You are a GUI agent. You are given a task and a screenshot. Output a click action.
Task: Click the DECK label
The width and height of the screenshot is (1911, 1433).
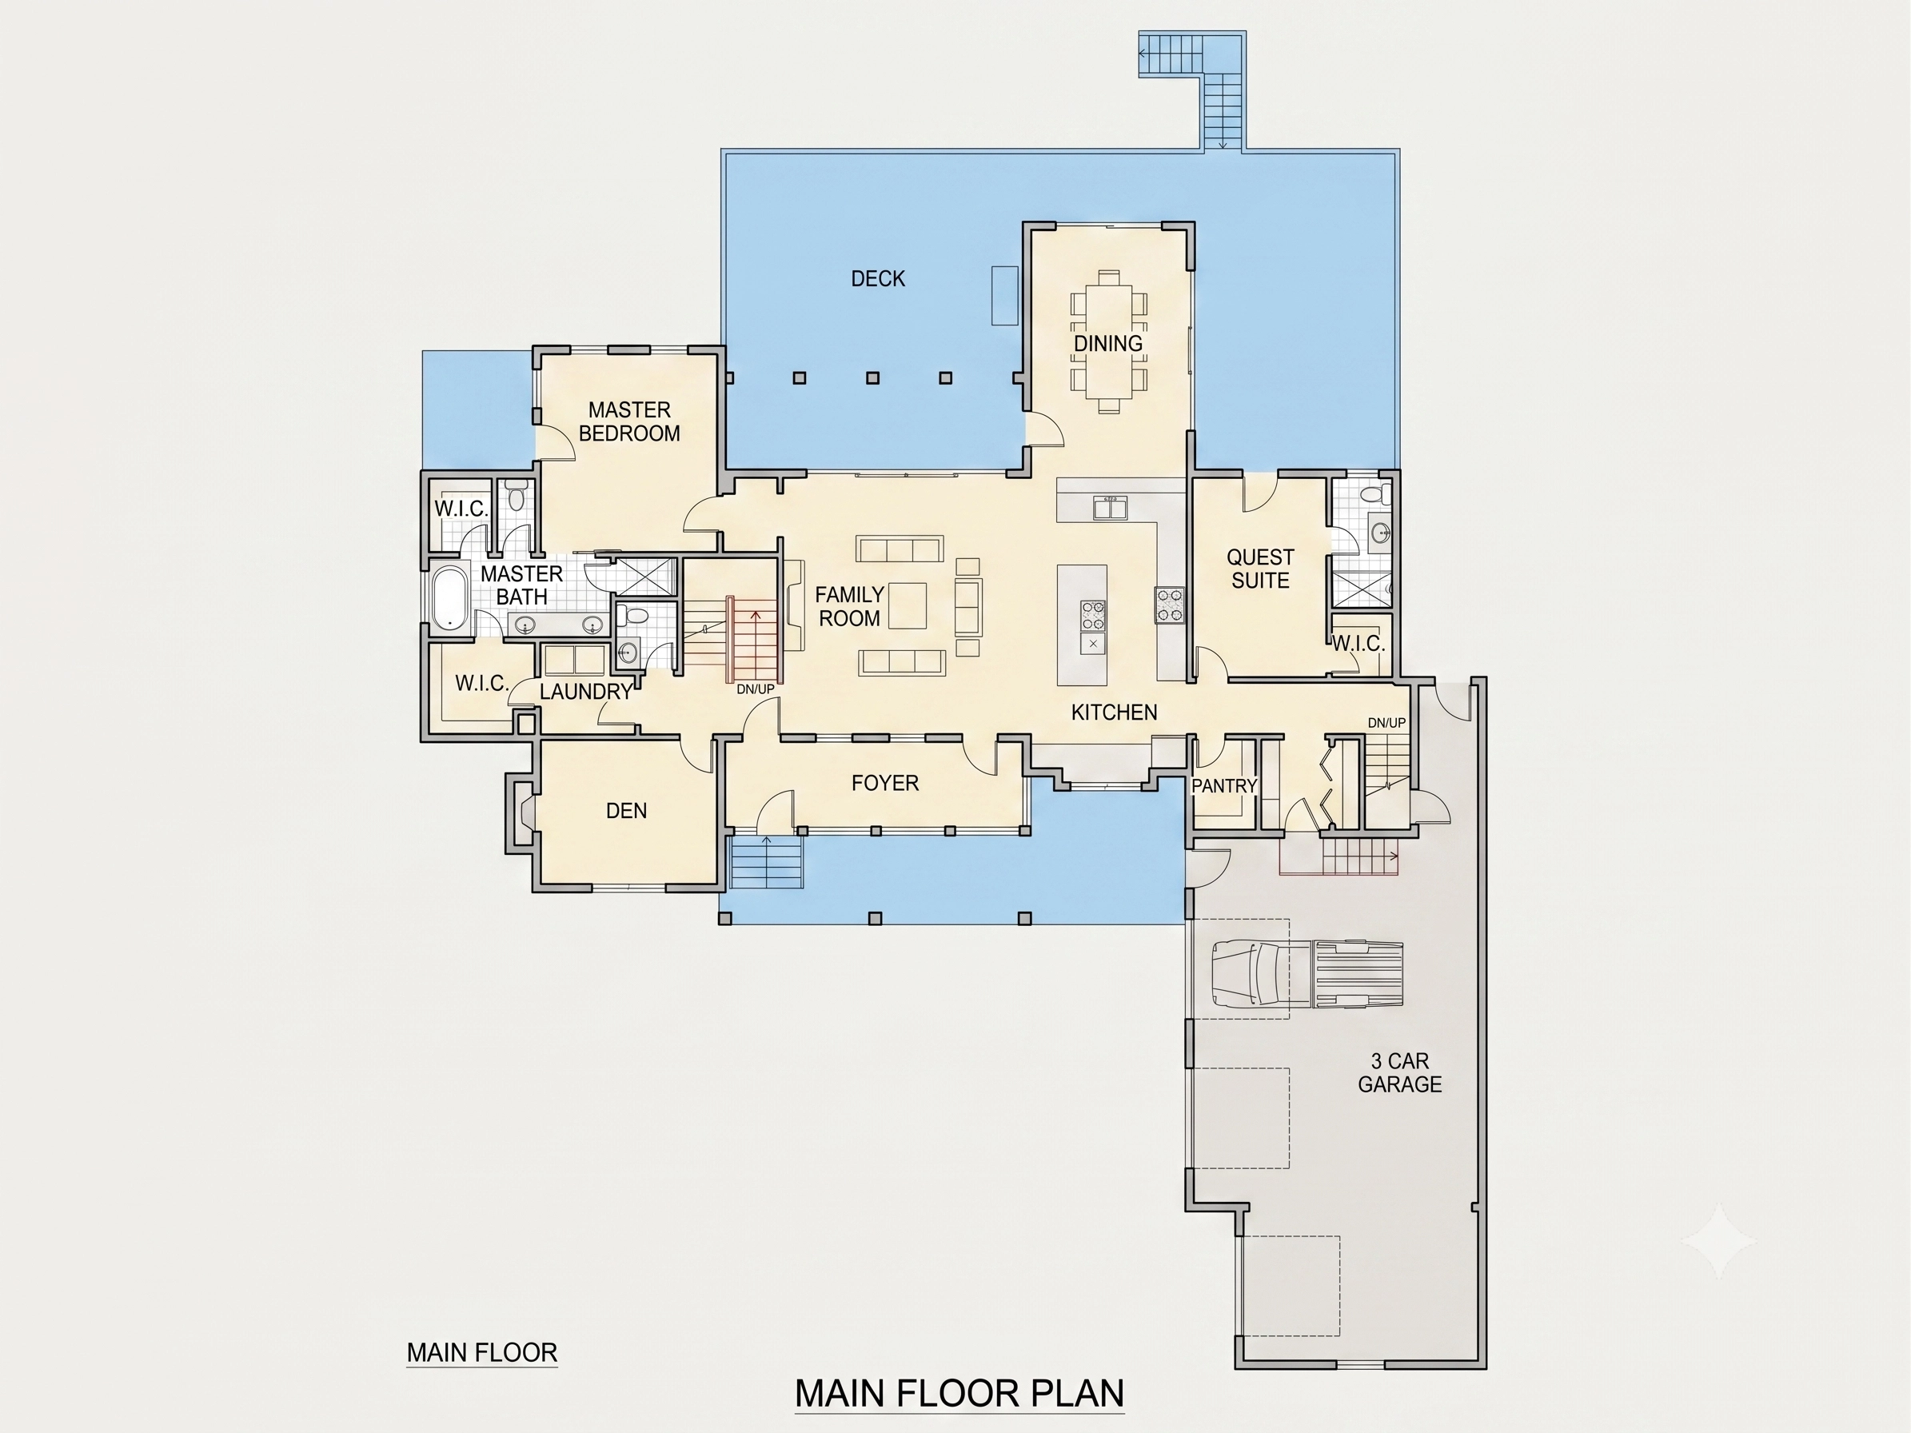click(x=878, y=279)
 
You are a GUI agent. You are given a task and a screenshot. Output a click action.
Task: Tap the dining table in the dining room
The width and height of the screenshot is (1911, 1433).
click(x=1108, y=341)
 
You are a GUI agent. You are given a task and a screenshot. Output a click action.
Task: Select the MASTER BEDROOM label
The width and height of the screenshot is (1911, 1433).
click(x=629, y=421)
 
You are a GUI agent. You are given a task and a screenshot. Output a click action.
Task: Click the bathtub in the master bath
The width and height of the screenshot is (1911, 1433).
click(x=449, y=597)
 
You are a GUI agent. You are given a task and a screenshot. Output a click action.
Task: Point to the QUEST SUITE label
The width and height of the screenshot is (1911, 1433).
click(x=1260, y=569)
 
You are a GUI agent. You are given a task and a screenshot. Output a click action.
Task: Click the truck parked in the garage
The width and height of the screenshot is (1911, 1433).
click(x=1307, y=973)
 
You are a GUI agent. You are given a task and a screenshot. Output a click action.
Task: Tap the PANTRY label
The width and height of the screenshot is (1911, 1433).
click(x=1223, y=786)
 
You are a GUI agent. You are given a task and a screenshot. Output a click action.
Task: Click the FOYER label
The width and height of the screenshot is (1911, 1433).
click(x=884, y=783)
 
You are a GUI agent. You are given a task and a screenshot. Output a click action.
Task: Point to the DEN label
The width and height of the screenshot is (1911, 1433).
click(x=626, y=810)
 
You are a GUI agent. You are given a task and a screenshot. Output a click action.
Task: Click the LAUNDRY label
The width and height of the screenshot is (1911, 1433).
click(x=586, y=691)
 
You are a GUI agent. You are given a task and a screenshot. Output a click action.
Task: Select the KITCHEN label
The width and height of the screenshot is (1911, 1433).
click(x=1114, y=712)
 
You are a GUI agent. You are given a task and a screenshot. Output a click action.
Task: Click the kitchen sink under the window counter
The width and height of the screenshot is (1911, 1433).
click(x=1110, y=508)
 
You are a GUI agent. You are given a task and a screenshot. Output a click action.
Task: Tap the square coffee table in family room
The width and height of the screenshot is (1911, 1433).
click(x=907, y=605)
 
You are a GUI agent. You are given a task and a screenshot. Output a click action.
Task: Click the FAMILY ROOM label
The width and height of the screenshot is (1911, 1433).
click(x=849, y=606)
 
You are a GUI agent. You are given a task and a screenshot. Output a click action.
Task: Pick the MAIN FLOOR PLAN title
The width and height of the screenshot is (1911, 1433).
click(x=959, y=1392)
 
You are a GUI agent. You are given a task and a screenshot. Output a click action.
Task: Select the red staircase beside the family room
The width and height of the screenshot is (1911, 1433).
click(x=754, y=639)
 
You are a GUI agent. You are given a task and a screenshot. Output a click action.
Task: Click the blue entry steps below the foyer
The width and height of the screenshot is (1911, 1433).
click(x=766, y=861)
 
